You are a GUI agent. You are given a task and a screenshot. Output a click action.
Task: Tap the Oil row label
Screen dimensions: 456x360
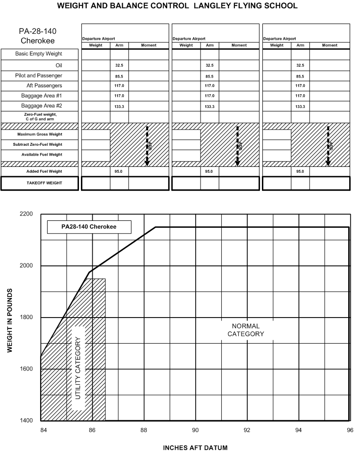(58, 65)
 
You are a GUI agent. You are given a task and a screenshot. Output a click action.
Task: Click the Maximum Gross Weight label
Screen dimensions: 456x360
(40, 134)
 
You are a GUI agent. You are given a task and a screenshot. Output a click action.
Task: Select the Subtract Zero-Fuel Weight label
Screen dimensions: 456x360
(40, 145)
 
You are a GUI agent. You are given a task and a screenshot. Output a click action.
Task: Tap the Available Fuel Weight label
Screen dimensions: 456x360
(40, 155)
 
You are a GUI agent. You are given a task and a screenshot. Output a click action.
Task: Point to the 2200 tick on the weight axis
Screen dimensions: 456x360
(26, 214)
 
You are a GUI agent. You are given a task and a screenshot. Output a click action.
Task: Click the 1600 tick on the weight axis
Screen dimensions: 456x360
(26, 369)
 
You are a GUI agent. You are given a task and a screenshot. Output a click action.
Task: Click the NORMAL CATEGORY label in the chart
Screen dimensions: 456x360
(246, 330)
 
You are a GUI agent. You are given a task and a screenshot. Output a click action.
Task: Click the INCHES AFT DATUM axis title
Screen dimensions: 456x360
(195, 448)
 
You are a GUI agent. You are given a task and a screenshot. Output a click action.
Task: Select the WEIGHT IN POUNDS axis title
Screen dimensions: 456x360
(9, 320)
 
